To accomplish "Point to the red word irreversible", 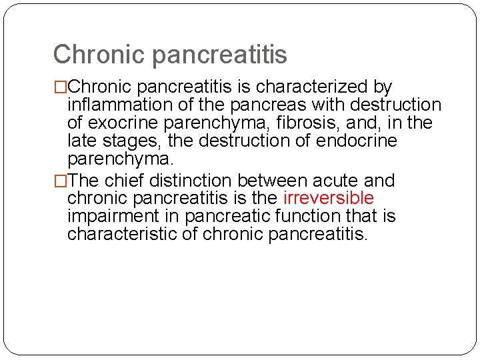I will [329, 199].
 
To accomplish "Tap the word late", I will [79, 141].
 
